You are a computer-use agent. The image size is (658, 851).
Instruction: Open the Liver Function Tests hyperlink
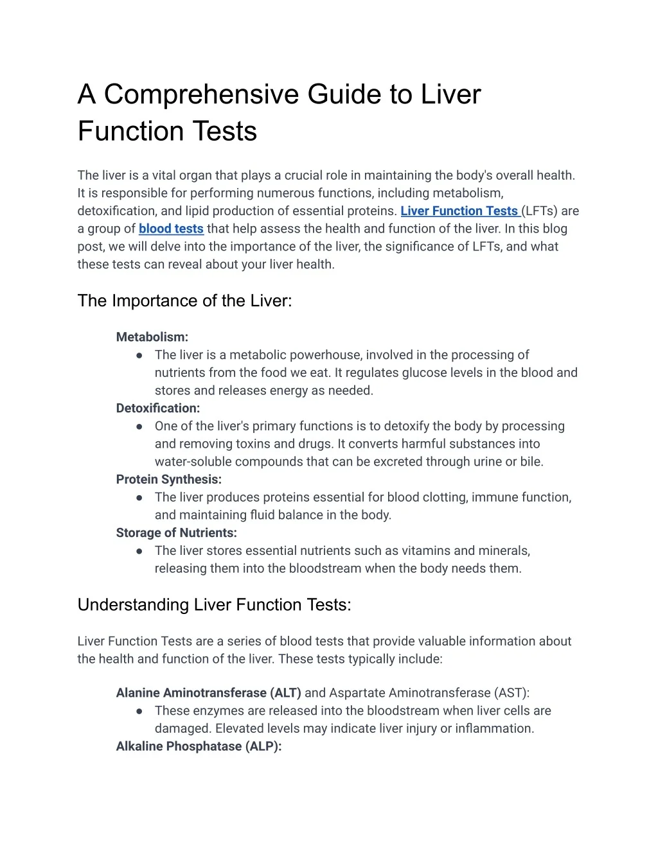[459, 211]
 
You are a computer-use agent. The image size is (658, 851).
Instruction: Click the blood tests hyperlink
[171, 229]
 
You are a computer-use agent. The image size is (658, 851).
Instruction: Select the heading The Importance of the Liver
[184, 301]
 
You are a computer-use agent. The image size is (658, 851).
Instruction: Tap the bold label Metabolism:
[152, 337]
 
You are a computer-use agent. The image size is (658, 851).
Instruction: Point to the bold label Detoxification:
[158, 408]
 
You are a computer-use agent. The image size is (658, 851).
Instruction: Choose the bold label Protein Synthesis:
[169, 480]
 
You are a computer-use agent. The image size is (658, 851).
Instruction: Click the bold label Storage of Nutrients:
[177, 533]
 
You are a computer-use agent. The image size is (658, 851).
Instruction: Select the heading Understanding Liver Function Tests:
[214, 605]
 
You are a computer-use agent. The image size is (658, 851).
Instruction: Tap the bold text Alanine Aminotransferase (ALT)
[208, 693]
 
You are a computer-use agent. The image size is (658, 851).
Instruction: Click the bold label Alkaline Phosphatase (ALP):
[199, 746]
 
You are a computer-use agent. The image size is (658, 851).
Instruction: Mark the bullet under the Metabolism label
[139, 355]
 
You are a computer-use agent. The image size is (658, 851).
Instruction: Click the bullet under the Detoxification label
[139, 426]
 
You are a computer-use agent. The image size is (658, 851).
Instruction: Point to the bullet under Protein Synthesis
[139, 498]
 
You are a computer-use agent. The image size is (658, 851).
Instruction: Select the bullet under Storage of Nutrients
[139, 551]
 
